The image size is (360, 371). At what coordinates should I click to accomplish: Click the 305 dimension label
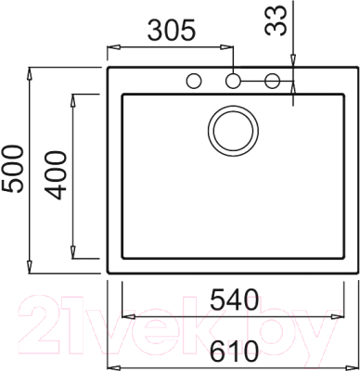click(x=170, y=30)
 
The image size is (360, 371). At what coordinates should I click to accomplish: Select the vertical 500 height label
click(x=13, y=169)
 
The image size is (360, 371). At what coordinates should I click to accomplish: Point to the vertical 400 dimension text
click(x=57, y=175)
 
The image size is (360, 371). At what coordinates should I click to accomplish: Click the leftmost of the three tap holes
click(x=195, y=81)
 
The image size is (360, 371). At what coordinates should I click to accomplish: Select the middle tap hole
click(x=233, y=81)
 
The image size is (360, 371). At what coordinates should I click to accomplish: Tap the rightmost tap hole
click(x=272, y=81)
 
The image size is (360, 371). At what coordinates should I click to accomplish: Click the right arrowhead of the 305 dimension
click(x=228, y=45)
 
